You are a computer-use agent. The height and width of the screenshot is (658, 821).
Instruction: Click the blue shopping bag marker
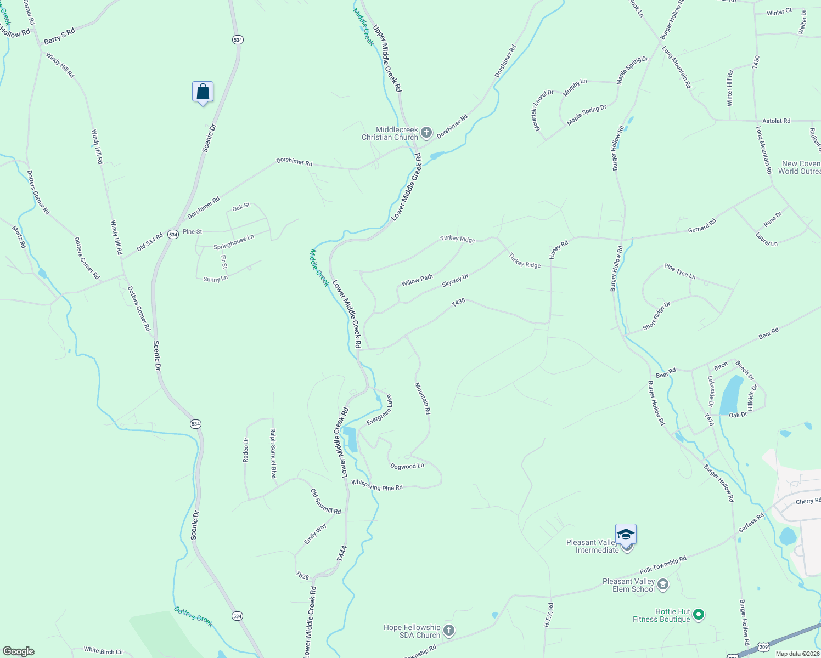point(203,92)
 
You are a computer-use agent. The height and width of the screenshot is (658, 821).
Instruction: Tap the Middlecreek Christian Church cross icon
point(426,133)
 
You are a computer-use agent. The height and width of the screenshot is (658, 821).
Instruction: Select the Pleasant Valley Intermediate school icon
point(626,534)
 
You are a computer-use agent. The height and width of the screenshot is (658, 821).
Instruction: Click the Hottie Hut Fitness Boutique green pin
point(699,615)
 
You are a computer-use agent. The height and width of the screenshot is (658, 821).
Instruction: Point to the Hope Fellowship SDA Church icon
point(449,631)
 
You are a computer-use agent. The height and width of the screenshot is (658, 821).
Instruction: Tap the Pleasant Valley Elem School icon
point(663,585)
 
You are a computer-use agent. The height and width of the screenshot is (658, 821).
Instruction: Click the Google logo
point(18,651)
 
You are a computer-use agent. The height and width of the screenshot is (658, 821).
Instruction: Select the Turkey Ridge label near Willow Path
point(457,239)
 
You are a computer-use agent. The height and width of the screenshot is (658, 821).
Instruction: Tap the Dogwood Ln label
point(407,466)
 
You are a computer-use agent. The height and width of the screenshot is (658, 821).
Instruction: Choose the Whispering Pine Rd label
point(377,486)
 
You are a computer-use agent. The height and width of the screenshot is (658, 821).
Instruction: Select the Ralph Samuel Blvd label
point(273,453)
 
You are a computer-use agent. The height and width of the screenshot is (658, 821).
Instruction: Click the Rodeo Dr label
point(246,450)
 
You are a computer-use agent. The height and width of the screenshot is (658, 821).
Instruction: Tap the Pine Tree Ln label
point(679,271)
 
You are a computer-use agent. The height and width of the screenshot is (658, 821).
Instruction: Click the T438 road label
point(458,302)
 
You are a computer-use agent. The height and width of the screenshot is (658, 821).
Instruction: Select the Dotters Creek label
point(193,616)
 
